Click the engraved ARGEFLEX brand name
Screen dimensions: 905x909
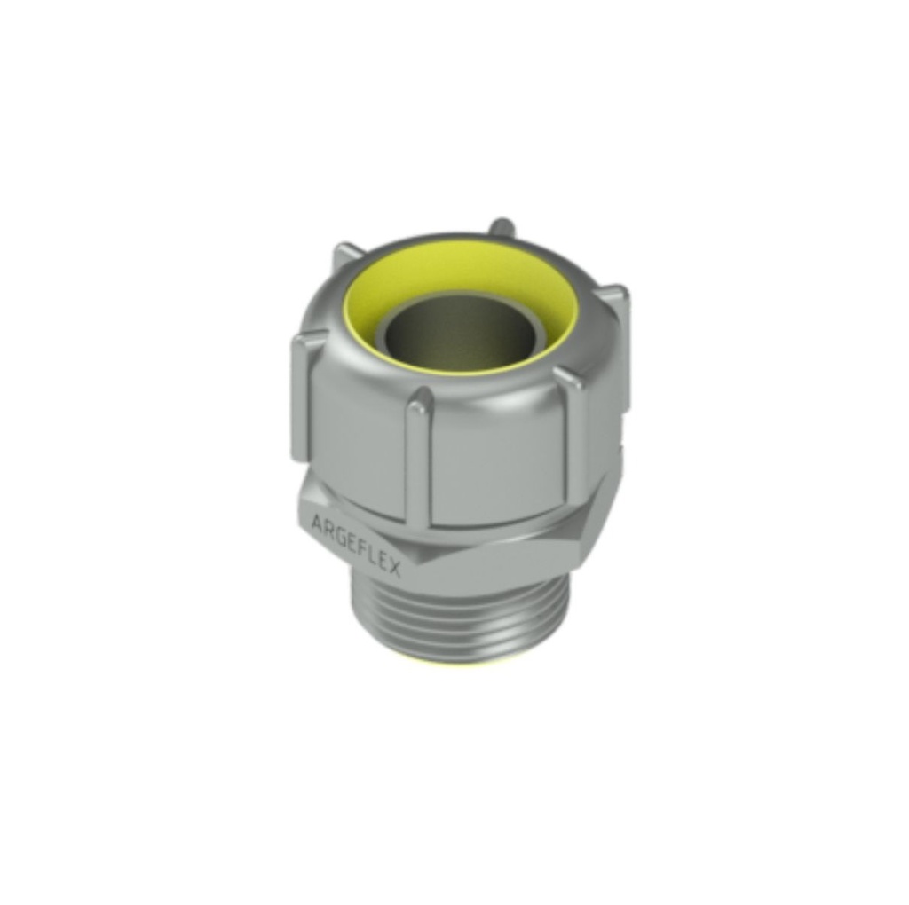tap(356, 543)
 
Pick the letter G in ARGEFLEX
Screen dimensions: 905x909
tap(339, 531)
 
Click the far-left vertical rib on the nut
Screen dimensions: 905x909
tap(300, 399)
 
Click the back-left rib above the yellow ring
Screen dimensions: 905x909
tap(346, 257)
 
